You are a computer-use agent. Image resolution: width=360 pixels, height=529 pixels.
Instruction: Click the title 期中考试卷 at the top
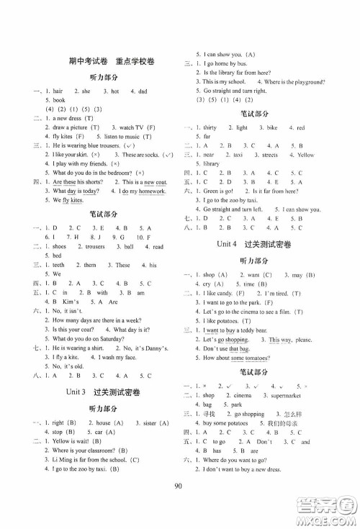point(72,63)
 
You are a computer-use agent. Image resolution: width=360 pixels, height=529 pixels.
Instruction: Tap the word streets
point(270,154)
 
